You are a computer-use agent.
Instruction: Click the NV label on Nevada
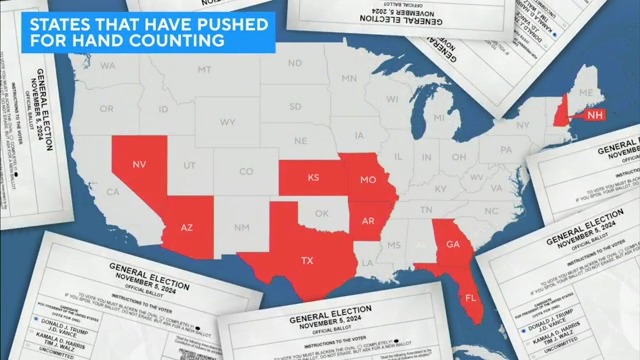[x=140, y=163]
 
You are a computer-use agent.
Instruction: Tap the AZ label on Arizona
[x=186, y=228]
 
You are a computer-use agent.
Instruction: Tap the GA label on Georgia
[x=452, y=244]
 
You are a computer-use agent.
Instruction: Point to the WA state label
[x=108, y=66]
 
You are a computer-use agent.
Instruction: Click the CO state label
[x=245, y=171]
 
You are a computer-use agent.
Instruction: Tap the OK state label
[x=321, y=213]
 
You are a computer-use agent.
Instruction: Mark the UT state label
[x=190, y=164]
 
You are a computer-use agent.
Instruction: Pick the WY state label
[x=227, y=122]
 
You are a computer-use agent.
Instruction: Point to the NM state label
[x=241, y=228]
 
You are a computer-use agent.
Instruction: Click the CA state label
[x=113, y=191]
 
